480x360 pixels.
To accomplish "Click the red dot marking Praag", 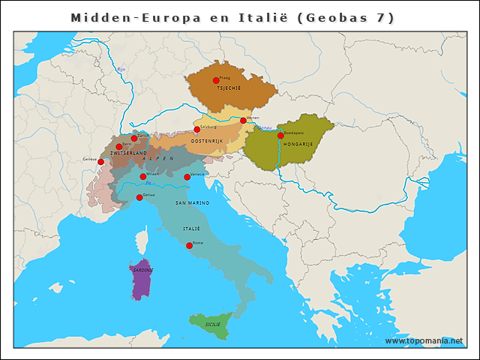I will tap(216, 80).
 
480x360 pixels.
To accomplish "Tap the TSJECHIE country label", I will tap(228, 88).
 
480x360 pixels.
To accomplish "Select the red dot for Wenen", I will tap(243, 120).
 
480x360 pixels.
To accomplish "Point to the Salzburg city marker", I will tap(197, 130).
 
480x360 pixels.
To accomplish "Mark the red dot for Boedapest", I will tap(280, 136).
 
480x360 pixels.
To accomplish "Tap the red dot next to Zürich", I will tap(134, 138).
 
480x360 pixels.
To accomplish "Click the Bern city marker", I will tap(118, 146).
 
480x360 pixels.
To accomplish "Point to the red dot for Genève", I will tap(100, 161).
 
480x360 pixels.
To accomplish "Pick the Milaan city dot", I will tap(142, 176).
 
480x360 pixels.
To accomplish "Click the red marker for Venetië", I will tap(187, 177).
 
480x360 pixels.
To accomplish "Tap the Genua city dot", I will tap(139, 197).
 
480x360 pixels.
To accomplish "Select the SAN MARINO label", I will tap(192, 203).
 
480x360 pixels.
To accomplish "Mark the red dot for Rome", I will tap(189, 245).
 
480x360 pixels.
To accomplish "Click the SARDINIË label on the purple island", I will tap(141, 270).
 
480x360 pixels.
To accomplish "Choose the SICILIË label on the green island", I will tap(213, 324).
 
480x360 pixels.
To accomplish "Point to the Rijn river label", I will tap(121, 69).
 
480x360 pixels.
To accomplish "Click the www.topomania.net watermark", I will tap(424, 340).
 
